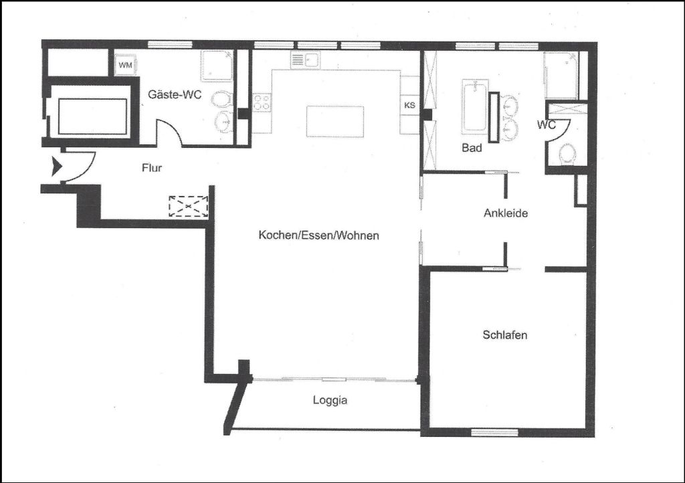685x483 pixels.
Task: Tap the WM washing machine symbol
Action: (125, 65)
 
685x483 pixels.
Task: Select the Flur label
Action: (152, 168)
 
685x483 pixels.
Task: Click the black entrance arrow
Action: (57, 167)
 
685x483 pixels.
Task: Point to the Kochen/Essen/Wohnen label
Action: (319, 235)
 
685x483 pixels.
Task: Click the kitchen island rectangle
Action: (335, 121)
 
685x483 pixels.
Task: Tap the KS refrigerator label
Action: (410, 105)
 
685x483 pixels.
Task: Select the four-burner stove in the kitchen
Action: (262, 102)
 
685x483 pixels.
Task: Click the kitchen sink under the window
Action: (306, 60)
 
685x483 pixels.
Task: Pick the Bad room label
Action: (472, 148)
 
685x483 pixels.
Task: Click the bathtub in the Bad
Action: (474, 106)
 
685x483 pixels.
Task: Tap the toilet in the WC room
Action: (568, 154)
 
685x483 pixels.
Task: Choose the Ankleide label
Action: (506, 213)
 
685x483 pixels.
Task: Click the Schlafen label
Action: (504, 335)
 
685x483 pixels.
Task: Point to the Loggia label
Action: (330, 400)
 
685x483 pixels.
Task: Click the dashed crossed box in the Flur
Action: (188, 206)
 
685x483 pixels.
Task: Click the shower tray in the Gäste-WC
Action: (217, 66)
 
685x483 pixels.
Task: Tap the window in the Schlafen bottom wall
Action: (494, 432)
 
